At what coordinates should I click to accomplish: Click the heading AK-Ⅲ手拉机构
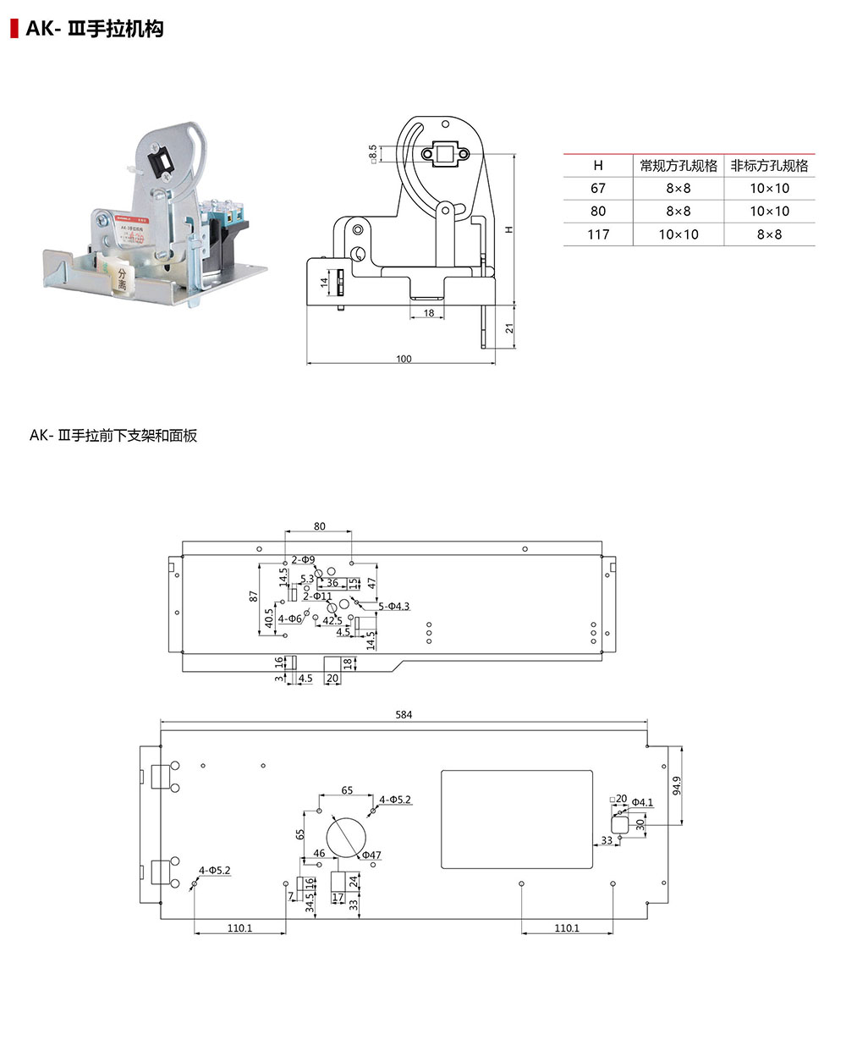[x=94, y=29]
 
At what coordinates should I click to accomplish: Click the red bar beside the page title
[x=14, y=28]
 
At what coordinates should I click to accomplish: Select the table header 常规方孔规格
[x=678, y=166]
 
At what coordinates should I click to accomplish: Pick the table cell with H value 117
[x=598, y=234]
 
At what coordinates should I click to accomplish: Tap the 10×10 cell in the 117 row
[x=678, y=234]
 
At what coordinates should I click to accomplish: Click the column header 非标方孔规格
[x=769, y=166]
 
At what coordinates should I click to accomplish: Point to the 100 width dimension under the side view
[x=404, y=359]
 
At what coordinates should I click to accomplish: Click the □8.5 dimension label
[x=373, y=153]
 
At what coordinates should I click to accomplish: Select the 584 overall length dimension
[x=404, y=715]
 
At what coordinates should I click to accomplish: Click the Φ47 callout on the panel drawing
[x=372, y=855]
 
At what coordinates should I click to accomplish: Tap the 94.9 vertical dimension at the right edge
[x=677, y=785]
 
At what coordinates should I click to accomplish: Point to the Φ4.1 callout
[x=642, y=802]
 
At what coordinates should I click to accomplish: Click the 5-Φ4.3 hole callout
[x=393, y=607]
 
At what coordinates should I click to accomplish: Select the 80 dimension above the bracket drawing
[x=319, y=526]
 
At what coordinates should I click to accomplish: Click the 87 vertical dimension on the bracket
[x=253, y=596]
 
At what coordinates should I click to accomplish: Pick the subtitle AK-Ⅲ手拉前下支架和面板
[x=113, y=436]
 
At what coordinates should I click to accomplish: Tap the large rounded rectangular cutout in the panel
[x=517, y=818]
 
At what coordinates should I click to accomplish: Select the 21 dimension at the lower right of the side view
[x=510, y=327]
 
